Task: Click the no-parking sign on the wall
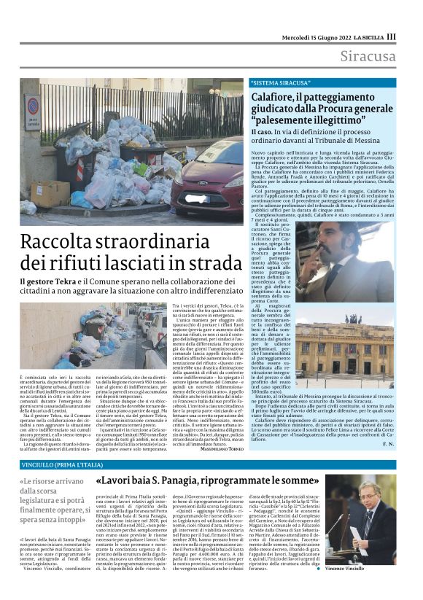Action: [32, 106]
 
